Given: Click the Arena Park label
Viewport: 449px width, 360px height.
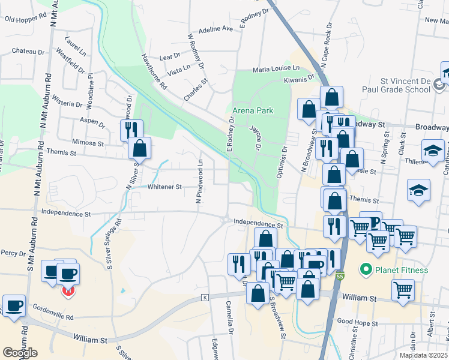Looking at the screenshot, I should (253, 110).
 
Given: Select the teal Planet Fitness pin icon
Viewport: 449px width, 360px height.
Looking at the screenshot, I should (365, 270).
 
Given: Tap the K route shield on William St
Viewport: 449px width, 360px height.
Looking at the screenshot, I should (205, 298).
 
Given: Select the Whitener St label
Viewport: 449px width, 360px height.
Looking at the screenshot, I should (164, 187).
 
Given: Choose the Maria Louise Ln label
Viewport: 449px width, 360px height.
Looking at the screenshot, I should (276, 69).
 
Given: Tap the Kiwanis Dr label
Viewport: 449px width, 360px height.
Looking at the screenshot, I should (300, 79).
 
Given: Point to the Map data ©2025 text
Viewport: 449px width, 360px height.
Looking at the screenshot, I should (423, 355).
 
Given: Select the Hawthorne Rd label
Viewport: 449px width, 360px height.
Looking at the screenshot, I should (154, 78).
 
